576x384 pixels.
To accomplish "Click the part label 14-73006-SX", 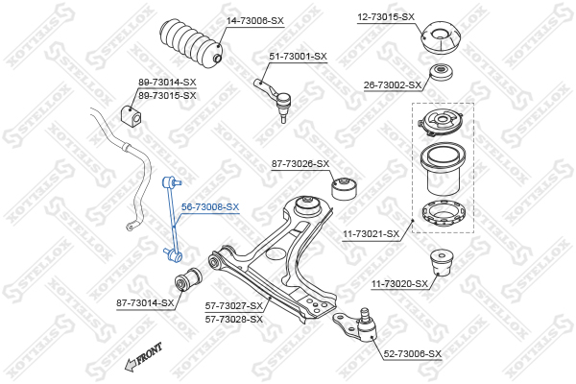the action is (255, 21).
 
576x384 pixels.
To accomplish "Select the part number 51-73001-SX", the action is (298, 57).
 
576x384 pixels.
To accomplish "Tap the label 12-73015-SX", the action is (386, 17).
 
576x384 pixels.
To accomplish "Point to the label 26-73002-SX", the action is (393, 85).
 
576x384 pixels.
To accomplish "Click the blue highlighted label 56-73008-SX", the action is (210, 207).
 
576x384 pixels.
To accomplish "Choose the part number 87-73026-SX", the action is (300, 163).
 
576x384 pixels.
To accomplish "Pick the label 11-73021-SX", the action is (371, 234).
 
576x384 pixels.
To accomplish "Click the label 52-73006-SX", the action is (413, 354).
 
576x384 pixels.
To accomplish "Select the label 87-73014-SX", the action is (145, 303).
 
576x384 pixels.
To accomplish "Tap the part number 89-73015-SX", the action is (167, 96).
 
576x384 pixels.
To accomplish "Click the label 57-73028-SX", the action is (234, 320).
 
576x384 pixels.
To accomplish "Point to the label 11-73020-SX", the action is (399, 284).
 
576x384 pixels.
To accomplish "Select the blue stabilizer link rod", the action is (173, 220).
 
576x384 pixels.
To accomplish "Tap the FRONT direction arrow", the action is (143, 357).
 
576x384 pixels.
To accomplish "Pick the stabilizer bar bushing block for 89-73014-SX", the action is (132, 114).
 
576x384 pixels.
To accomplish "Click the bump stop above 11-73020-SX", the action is (442, 262).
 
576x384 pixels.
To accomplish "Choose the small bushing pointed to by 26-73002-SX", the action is (441, 72).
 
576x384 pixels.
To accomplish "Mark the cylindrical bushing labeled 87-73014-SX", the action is (188, 279).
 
